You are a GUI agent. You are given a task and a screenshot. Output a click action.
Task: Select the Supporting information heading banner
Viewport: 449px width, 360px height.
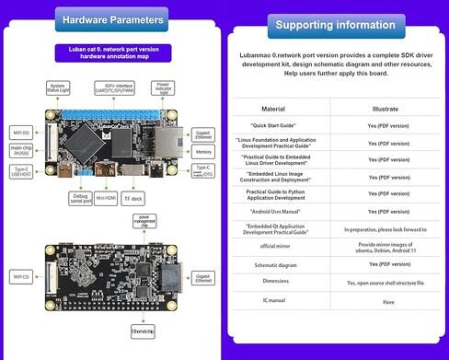point(337,22)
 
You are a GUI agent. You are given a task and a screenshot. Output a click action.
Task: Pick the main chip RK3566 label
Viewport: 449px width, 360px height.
point(17,150)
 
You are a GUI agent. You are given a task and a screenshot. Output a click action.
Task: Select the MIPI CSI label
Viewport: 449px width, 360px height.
point(17,274)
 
